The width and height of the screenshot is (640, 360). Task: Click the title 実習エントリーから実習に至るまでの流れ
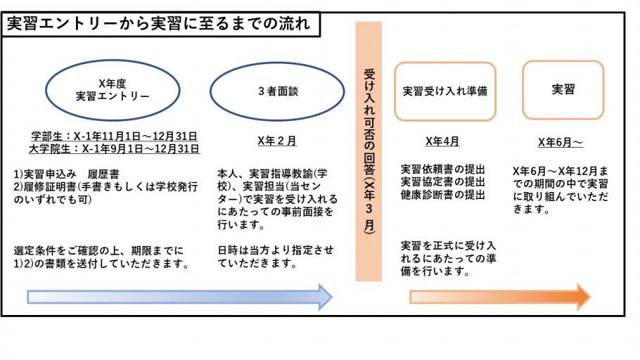pos(158,23)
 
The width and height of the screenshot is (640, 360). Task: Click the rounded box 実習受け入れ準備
pos(445,91)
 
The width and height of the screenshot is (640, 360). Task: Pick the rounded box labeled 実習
pos(563,90)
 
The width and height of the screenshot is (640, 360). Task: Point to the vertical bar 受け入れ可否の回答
pos(369,151)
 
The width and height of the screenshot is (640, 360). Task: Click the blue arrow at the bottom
pos(179,297)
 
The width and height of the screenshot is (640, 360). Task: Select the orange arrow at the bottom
pos(500,297)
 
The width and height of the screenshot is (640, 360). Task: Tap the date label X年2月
pos(277,141)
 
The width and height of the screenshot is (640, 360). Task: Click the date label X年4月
pos(442,141)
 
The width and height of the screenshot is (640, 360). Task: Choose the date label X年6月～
pos(560,142)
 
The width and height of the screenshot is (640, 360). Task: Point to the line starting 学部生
pos(114,136)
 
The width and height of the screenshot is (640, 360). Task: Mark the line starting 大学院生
pos(114,148)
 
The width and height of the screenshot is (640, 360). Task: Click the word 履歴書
pos(103,174)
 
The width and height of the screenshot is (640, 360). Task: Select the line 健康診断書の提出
pos(443,195)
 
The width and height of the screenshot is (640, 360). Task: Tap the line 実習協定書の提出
pos(443,181)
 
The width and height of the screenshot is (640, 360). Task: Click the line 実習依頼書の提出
pos(443,169)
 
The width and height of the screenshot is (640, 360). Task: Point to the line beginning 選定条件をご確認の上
pos(98,250)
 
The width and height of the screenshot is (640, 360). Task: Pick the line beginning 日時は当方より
pos(276,250)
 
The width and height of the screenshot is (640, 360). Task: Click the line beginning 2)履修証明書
pos(105,187)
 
